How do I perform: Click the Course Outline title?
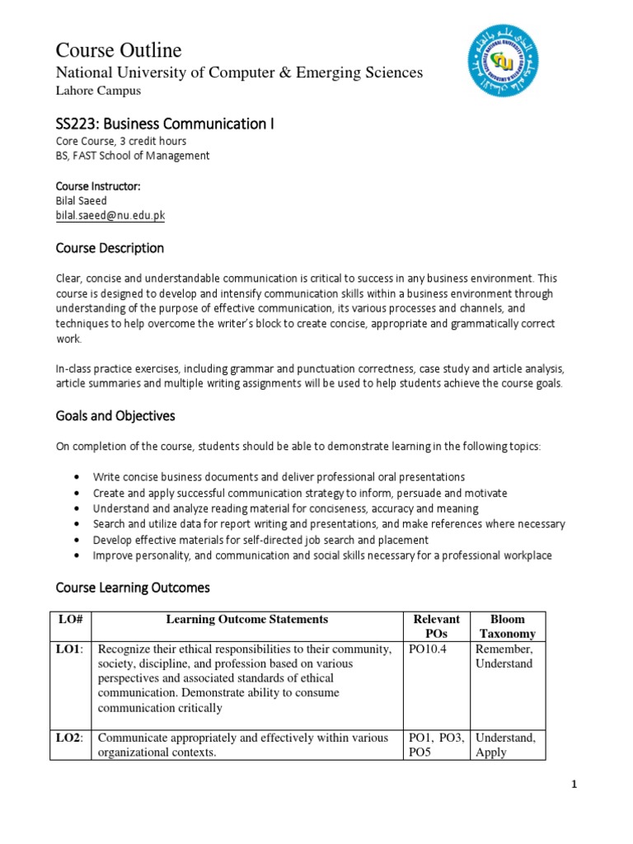point(119,49)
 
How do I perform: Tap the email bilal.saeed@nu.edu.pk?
point(110,215)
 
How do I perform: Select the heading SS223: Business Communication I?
point(164,124)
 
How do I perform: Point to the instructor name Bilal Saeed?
point(81,200)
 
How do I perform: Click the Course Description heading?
point(110,248)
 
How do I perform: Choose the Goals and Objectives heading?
point(115,416)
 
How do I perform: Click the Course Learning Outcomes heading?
point(133,588)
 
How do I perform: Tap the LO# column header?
point(70,619)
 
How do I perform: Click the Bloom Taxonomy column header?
point(507,626)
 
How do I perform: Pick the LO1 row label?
point(69,649)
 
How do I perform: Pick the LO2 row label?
point(69,738)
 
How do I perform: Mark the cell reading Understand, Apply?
point(505,745)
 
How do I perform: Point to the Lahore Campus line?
point(97,91)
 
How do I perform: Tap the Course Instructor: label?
point(97,186)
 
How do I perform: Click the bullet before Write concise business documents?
point(77,477)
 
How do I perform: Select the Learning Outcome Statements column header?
point(247,619)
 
